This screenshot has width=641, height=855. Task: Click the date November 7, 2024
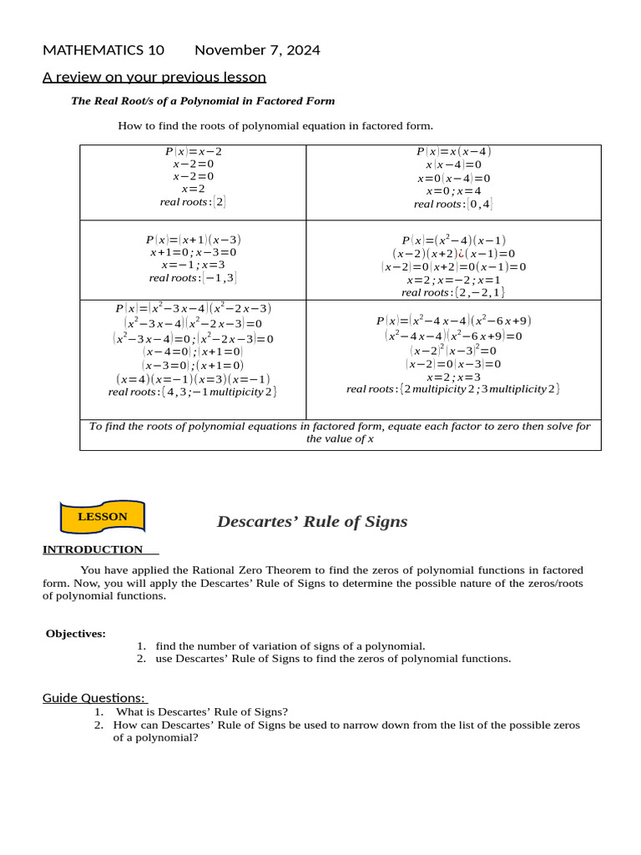pos(257,50)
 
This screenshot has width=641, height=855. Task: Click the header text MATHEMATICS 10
pos(103,50)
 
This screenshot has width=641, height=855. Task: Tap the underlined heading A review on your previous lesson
pos(154,78)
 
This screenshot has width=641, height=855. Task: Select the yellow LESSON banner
pos(103,517)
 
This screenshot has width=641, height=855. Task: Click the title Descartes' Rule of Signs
pos(312,522)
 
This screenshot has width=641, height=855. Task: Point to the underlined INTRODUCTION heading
pos(93,549)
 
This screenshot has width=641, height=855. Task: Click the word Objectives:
pos(76,634)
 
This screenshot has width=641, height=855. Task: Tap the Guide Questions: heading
pos(93,698)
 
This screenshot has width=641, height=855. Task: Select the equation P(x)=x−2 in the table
pos(193,152)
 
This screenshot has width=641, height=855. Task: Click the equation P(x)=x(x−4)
pos(453,152)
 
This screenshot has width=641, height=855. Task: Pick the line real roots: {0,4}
pos(453,204)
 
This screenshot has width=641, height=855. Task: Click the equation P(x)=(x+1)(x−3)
pos(193,240)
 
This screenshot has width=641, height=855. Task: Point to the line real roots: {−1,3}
pos(193,278)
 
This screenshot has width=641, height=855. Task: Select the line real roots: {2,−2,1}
pos(453,292)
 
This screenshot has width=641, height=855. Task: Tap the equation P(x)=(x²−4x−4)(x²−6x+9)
pos(453,321)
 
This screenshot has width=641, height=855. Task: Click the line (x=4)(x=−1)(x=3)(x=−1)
pos(193,379)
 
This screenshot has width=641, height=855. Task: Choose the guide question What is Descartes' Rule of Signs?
pos(201,712)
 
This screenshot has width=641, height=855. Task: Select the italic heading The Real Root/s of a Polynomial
pos(203,101)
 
